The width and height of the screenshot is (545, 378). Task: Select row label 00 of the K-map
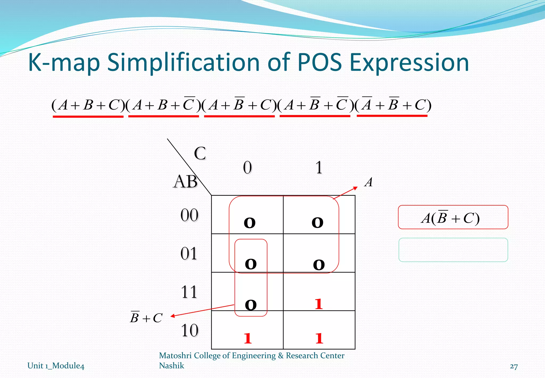[189, 215]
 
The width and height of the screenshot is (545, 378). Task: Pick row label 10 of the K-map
[189, 330]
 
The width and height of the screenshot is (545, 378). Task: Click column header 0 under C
[247, 168]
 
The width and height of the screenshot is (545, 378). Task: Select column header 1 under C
[319, 168]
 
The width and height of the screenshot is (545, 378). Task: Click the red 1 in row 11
[319, 304]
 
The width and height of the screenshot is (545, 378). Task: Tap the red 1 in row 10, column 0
[247, 339]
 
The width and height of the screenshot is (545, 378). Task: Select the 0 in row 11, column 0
[250, 305]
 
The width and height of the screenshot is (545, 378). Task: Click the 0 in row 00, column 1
[317, 223]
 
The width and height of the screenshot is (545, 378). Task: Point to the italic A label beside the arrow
[369, 182]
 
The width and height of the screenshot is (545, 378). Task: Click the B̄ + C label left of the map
[146, 317]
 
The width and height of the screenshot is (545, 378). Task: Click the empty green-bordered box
[453, 250]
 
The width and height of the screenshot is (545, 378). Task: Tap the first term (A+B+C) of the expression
[88, 105]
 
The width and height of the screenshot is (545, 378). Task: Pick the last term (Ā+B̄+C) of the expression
[393, 105]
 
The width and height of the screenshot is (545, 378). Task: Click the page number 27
[514, 367]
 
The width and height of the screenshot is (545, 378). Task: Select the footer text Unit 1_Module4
[56, 366]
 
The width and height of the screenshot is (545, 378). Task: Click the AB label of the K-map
[185, 182]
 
